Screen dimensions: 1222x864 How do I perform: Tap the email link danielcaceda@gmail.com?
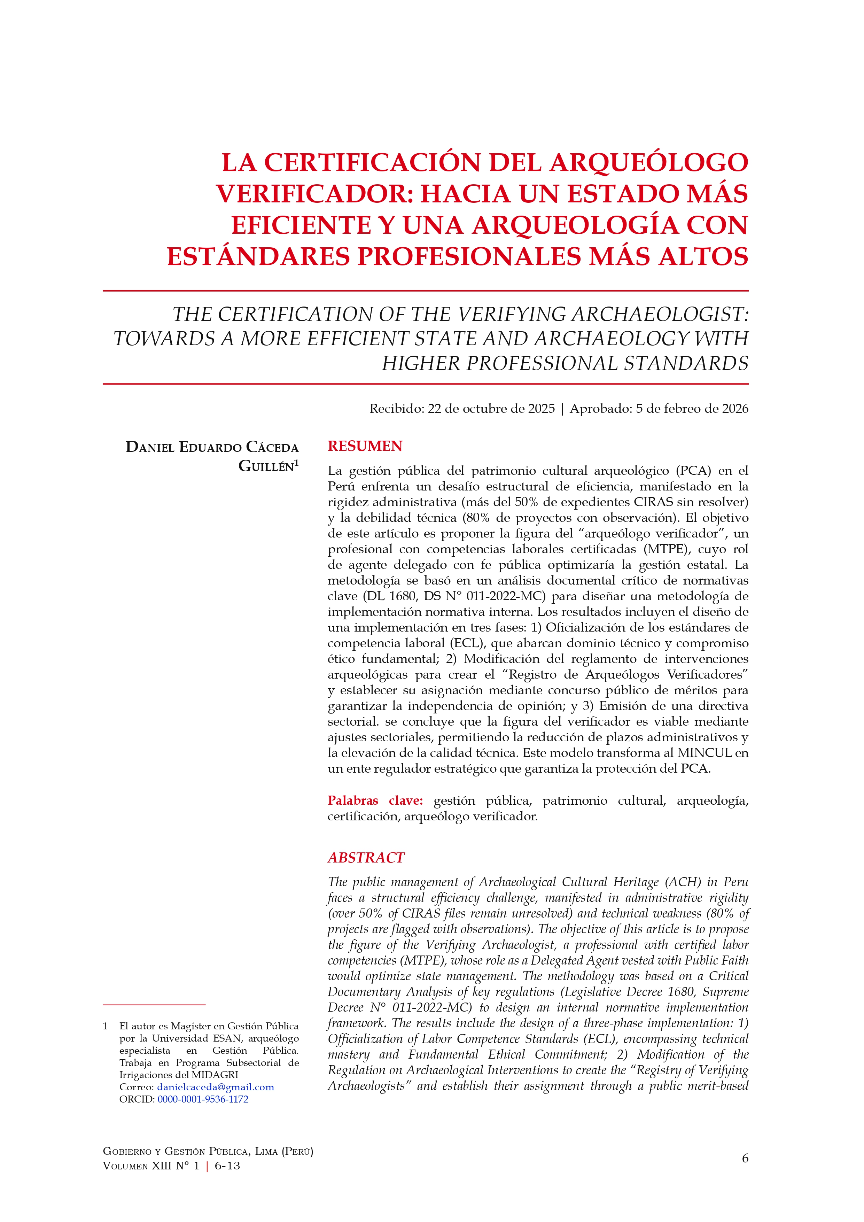point(216,1087)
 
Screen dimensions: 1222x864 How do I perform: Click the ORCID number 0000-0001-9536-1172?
point(203,1099)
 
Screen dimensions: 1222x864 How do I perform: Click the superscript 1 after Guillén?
point(296,463)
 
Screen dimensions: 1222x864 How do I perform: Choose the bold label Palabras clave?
point(375,801)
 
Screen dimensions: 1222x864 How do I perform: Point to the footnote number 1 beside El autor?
point(105,1026)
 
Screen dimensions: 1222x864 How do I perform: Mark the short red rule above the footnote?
point(154,1004)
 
